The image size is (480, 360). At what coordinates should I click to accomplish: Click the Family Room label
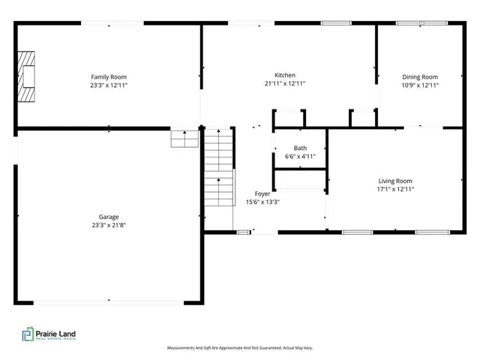[x=108, y=76]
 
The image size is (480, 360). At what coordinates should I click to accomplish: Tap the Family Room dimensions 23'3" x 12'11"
[x=108, y=85]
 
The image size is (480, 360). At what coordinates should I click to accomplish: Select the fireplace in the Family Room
[x=28, y=76]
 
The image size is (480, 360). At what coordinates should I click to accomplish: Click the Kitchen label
[x=284, y=75]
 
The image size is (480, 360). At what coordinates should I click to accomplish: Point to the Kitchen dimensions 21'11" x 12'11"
[x=284, y=84]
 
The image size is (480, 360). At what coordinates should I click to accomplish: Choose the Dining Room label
[x=419, y=76]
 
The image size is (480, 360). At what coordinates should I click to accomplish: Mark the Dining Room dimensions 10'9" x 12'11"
[x=419, y=85]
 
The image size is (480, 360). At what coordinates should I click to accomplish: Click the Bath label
[x=300, y=148]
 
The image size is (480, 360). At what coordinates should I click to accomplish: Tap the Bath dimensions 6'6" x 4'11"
[x=300, y=157]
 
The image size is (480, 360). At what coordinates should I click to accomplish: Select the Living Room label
[x=394, y=181]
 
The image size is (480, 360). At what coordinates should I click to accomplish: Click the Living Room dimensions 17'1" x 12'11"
[x=394, y=190]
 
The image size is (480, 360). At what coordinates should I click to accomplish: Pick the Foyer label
[x=262, y=193]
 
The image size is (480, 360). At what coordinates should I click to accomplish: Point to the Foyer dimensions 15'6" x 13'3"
[x=262, y=202]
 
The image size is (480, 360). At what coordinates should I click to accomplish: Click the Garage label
[x=109, y=216]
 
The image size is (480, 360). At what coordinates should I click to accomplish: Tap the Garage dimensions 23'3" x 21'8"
[x=109, y=225]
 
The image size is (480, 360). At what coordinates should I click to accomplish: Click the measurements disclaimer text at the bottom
[x=239, y=348]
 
